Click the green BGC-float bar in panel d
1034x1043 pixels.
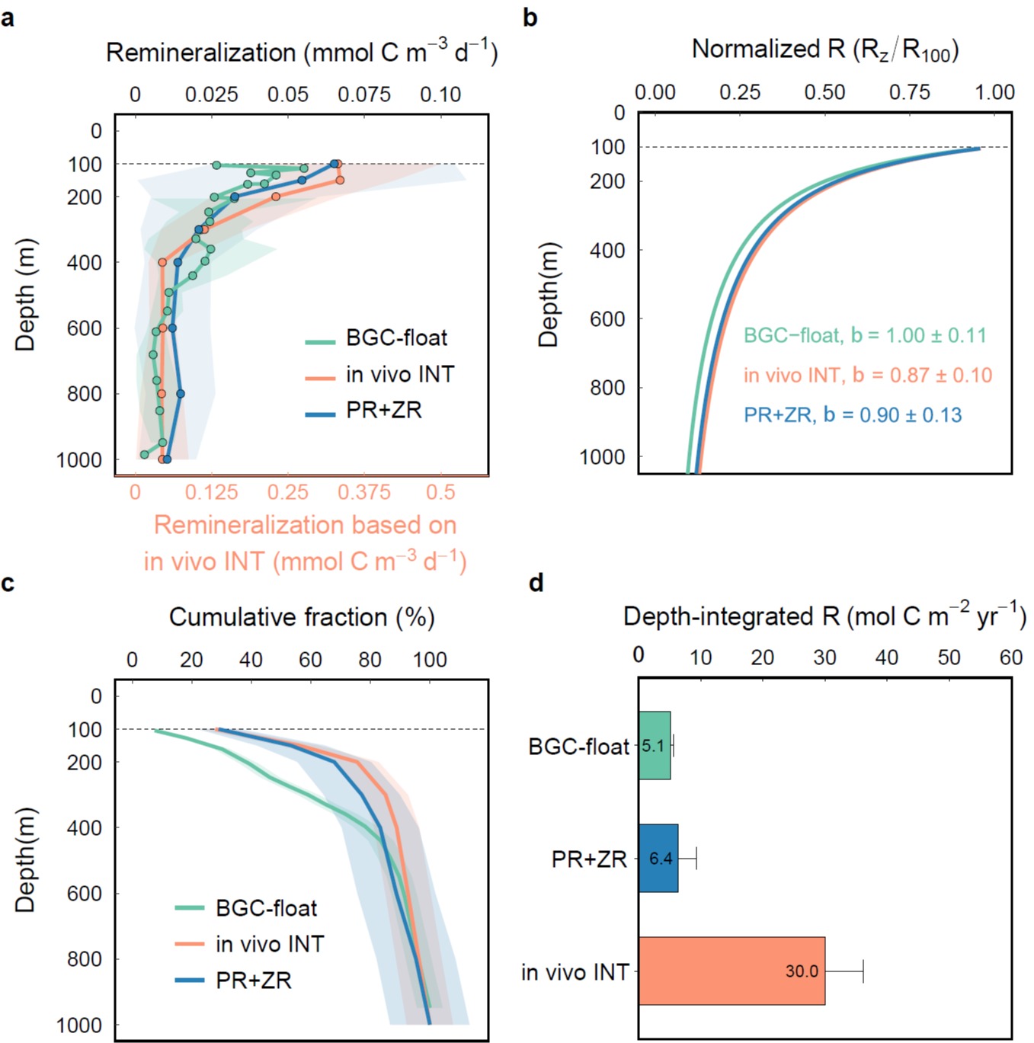(x=655, y=745)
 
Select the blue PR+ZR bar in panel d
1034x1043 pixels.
(x=658, y=858)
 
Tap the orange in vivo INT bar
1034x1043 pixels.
(x=731, y=971)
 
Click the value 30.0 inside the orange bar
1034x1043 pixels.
(x=802, y=971)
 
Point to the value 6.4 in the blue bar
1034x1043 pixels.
(x=661, y=859)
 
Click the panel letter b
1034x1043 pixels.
(x=530, y=18)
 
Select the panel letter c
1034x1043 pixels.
(x=8, y=584)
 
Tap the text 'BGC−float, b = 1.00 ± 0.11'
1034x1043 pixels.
(x=865, y=335)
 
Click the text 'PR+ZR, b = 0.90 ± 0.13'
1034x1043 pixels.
(x=853, y=415)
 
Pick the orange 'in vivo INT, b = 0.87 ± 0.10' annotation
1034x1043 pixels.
(x=868, y=375)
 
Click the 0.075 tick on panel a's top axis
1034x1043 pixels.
(x=364, y=94)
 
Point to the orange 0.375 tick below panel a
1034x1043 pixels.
(x=364, y=492)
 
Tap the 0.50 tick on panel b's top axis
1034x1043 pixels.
(x=824, y=92)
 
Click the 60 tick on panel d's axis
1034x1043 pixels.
(x=1010, y=657)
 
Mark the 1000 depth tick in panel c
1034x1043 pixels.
(x=79, y=1025)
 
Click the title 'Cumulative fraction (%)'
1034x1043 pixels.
(x=302, y=617)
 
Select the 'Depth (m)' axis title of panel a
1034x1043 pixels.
(x=25, y=295)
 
